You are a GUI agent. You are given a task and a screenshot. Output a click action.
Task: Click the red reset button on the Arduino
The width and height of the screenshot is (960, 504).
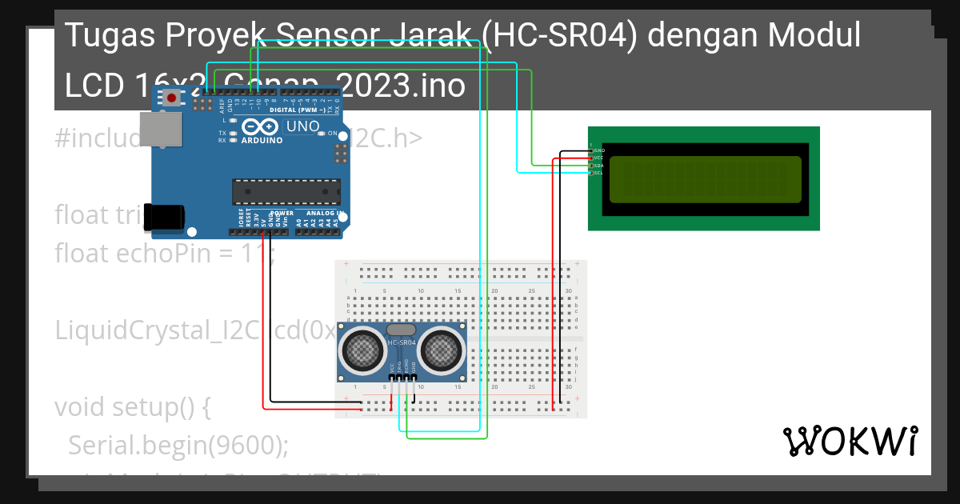(x=171, y=98)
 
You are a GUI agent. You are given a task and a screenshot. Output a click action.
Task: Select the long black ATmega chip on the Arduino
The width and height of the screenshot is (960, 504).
(x=286, y=192)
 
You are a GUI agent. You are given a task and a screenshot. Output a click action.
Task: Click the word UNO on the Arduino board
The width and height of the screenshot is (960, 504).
(x=303, y=126)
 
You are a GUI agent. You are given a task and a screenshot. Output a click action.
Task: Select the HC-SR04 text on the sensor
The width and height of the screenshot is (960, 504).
(x=402, y=343)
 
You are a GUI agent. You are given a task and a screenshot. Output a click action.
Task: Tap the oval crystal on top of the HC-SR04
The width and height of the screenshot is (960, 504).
(x=402, y=329)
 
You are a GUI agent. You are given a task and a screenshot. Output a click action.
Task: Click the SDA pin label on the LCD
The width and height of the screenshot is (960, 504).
(x=598, y=166)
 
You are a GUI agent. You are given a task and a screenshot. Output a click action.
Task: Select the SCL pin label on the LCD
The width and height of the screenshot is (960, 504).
(x=598, y=173)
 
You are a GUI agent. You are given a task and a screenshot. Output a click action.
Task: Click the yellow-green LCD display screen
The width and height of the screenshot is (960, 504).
(x=705, y=179)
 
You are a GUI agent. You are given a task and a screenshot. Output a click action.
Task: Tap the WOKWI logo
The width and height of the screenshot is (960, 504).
(x=850, y=441)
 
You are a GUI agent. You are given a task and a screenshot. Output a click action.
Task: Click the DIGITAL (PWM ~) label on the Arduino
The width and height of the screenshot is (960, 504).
(x=300, y=110)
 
